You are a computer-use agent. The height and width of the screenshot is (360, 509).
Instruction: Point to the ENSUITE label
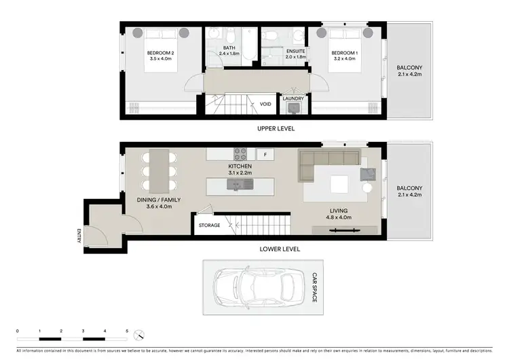coord(296,52)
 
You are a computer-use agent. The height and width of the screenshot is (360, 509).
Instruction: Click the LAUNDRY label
coord(293,98)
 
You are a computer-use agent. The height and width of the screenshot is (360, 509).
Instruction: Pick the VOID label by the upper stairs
coord(265,105)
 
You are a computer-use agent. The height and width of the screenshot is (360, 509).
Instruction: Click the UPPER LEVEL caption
coord(276,128)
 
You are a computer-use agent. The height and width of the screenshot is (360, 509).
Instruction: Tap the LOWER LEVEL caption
coord(280,249)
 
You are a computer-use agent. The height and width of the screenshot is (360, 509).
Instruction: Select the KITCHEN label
coord(240,166)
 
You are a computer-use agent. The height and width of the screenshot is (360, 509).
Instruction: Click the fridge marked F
coord(265,155)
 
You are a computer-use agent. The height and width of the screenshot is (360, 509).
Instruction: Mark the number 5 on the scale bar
coord(127,331)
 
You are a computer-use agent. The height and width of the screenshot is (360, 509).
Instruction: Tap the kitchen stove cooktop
coord(240,154)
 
